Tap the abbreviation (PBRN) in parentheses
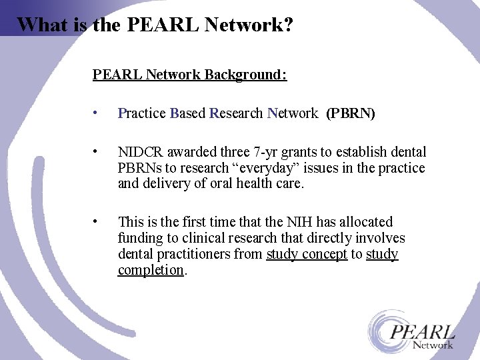pyautogui.click(x=351, y=113)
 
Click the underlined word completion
pyautogui.click(x=151, y=270)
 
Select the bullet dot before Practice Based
pyautogui.click(x=98, y=113)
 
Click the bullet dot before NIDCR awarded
pyautogui.click(x=98, y=151)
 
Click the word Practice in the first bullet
pyautogui.click(x=141, y=113)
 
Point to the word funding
pyautogui.click(x=140, y=238)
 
